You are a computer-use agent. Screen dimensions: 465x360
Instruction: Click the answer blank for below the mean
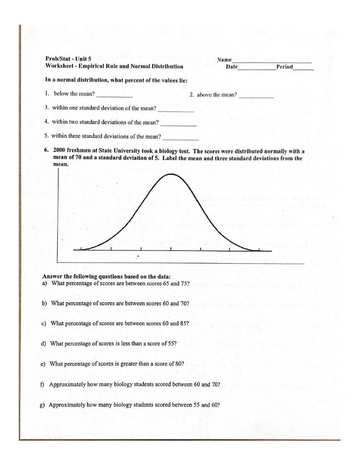(x=115, y=96)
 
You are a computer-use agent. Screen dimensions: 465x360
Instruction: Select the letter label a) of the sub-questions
(x=45, y=283)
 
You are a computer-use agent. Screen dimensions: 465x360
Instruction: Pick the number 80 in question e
(x=178, y=364)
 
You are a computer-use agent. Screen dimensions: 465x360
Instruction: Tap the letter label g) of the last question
(x=42, y=405)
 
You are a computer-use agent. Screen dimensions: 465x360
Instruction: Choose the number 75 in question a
(x=185, y=283)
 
